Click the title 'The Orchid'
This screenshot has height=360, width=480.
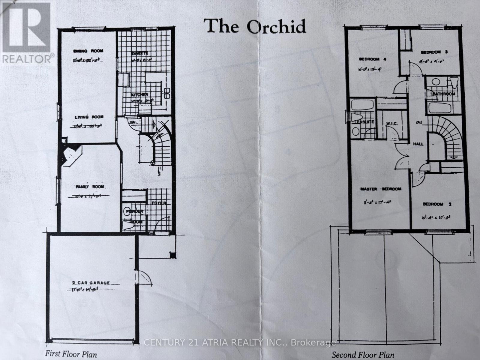pyautogui.click(x=255, y=26)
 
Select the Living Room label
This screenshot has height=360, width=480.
pyautogui.click(x=89, y=117)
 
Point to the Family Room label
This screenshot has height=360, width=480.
pyautogui.click(x=90, y=187)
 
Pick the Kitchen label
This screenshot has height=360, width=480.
pyautogui.click(x=139, y=95)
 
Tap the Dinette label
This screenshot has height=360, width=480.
pyautogui.click(x=140, y=53)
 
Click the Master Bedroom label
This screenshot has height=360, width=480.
pyautogui.click(x=380, y=189)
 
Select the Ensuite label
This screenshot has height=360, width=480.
pyautogui.click(x=364, y=122)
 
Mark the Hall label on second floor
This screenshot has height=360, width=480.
pyautogui.click(x=418, y=144)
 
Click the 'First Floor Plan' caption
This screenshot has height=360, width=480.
pyautogui.click(x=71, y=354)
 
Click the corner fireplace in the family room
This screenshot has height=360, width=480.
pyautogui.click(x=71, y=155)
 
